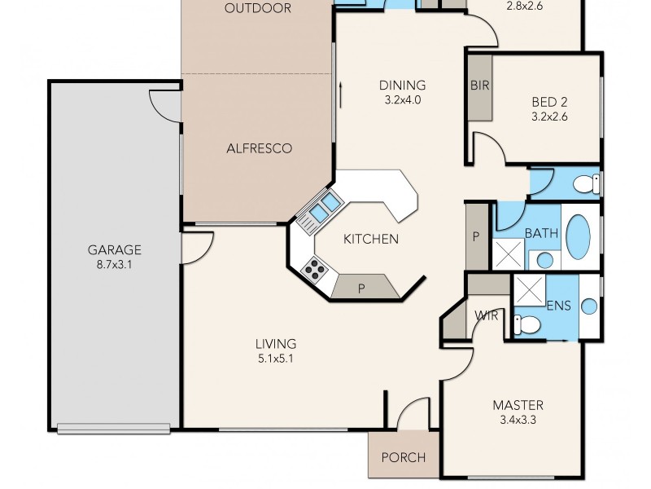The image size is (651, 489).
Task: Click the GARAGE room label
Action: click(115, 250)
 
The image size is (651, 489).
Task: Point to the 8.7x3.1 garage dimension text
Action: click(115, 265)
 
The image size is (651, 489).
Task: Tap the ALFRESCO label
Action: click(258, 148)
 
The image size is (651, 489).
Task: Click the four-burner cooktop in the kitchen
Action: click(314, 267)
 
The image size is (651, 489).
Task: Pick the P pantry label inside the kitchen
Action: click(360, 289)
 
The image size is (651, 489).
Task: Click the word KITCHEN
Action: click(370, 239)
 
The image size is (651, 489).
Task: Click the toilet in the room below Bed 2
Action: click(585, 183)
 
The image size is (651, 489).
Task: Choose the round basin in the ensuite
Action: click(588, 306)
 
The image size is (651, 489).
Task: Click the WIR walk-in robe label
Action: click(486, 315)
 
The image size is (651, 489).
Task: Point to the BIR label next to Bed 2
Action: click(478, 86)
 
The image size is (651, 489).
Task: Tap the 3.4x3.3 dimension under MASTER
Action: click(518, 421)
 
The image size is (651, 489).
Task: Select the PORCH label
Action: click(404, 457)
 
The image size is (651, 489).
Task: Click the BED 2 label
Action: click(549, 102)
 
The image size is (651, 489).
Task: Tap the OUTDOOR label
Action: click(258, 9)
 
